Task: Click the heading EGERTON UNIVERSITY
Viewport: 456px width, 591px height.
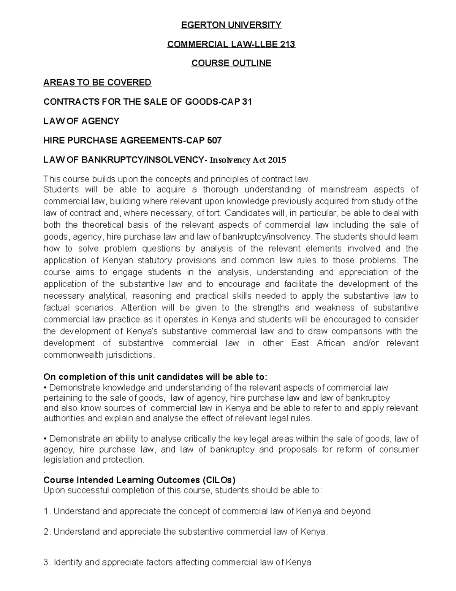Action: tap(231, 25)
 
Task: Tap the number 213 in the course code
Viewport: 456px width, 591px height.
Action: tap(287, 44)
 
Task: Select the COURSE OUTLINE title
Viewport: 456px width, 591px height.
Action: tap(231, 63)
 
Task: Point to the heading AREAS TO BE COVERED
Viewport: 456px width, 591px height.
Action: tap(97, 83)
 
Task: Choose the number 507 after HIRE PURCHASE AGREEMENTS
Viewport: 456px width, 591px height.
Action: tap(214, 140)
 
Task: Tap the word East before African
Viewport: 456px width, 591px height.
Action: tap(300, 343)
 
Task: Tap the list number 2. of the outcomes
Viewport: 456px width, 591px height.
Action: tap(47, 532)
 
